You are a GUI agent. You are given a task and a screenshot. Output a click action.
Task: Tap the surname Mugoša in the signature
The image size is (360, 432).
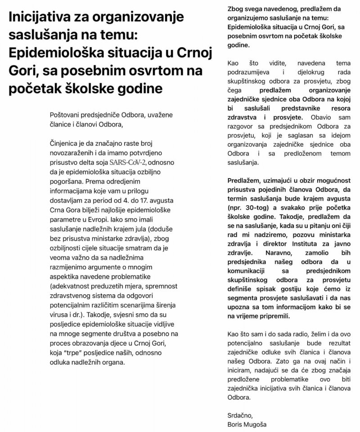[x=260, y=424]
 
